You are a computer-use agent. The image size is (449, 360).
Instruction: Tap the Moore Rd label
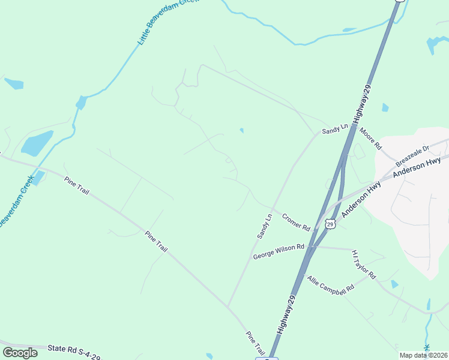(371, 139)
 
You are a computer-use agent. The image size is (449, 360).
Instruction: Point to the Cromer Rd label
(295, 223)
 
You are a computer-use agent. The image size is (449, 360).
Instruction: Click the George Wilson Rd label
(280, 251)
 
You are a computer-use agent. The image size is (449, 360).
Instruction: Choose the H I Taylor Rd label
(364, 265)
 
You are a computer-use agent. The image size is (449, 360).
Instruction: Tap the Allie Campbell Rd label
(331, 284)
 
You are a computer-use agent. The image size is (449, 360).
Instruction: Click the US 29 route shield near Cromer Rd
(330, 223)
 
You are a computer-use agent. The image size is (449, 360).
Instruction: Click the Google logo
(20, 353)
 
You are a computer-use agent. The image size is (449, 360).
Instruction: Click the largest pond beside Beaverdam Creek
(37, 143)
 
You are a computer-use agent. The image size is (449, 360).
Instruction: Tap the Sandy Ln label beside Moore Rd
(335, 129)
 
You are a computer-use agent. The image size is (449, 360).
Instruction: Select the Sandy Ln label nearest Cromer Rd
(265, 226)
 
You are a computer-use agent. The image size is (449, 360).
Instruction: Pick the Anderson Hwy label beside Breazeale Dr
(417, 167)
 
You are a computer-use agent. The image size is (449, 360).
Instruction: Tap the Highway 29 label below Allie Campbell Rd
(288, 315)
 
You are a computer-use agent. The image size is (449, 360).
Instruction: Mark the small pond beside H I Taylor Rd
(394, 284)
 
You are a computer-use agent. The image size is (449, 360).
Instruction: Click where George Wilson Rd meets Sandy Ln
(251, 259)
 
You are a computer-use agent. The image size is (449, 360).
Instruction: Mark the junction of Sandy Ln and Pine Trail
(228, 307)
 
